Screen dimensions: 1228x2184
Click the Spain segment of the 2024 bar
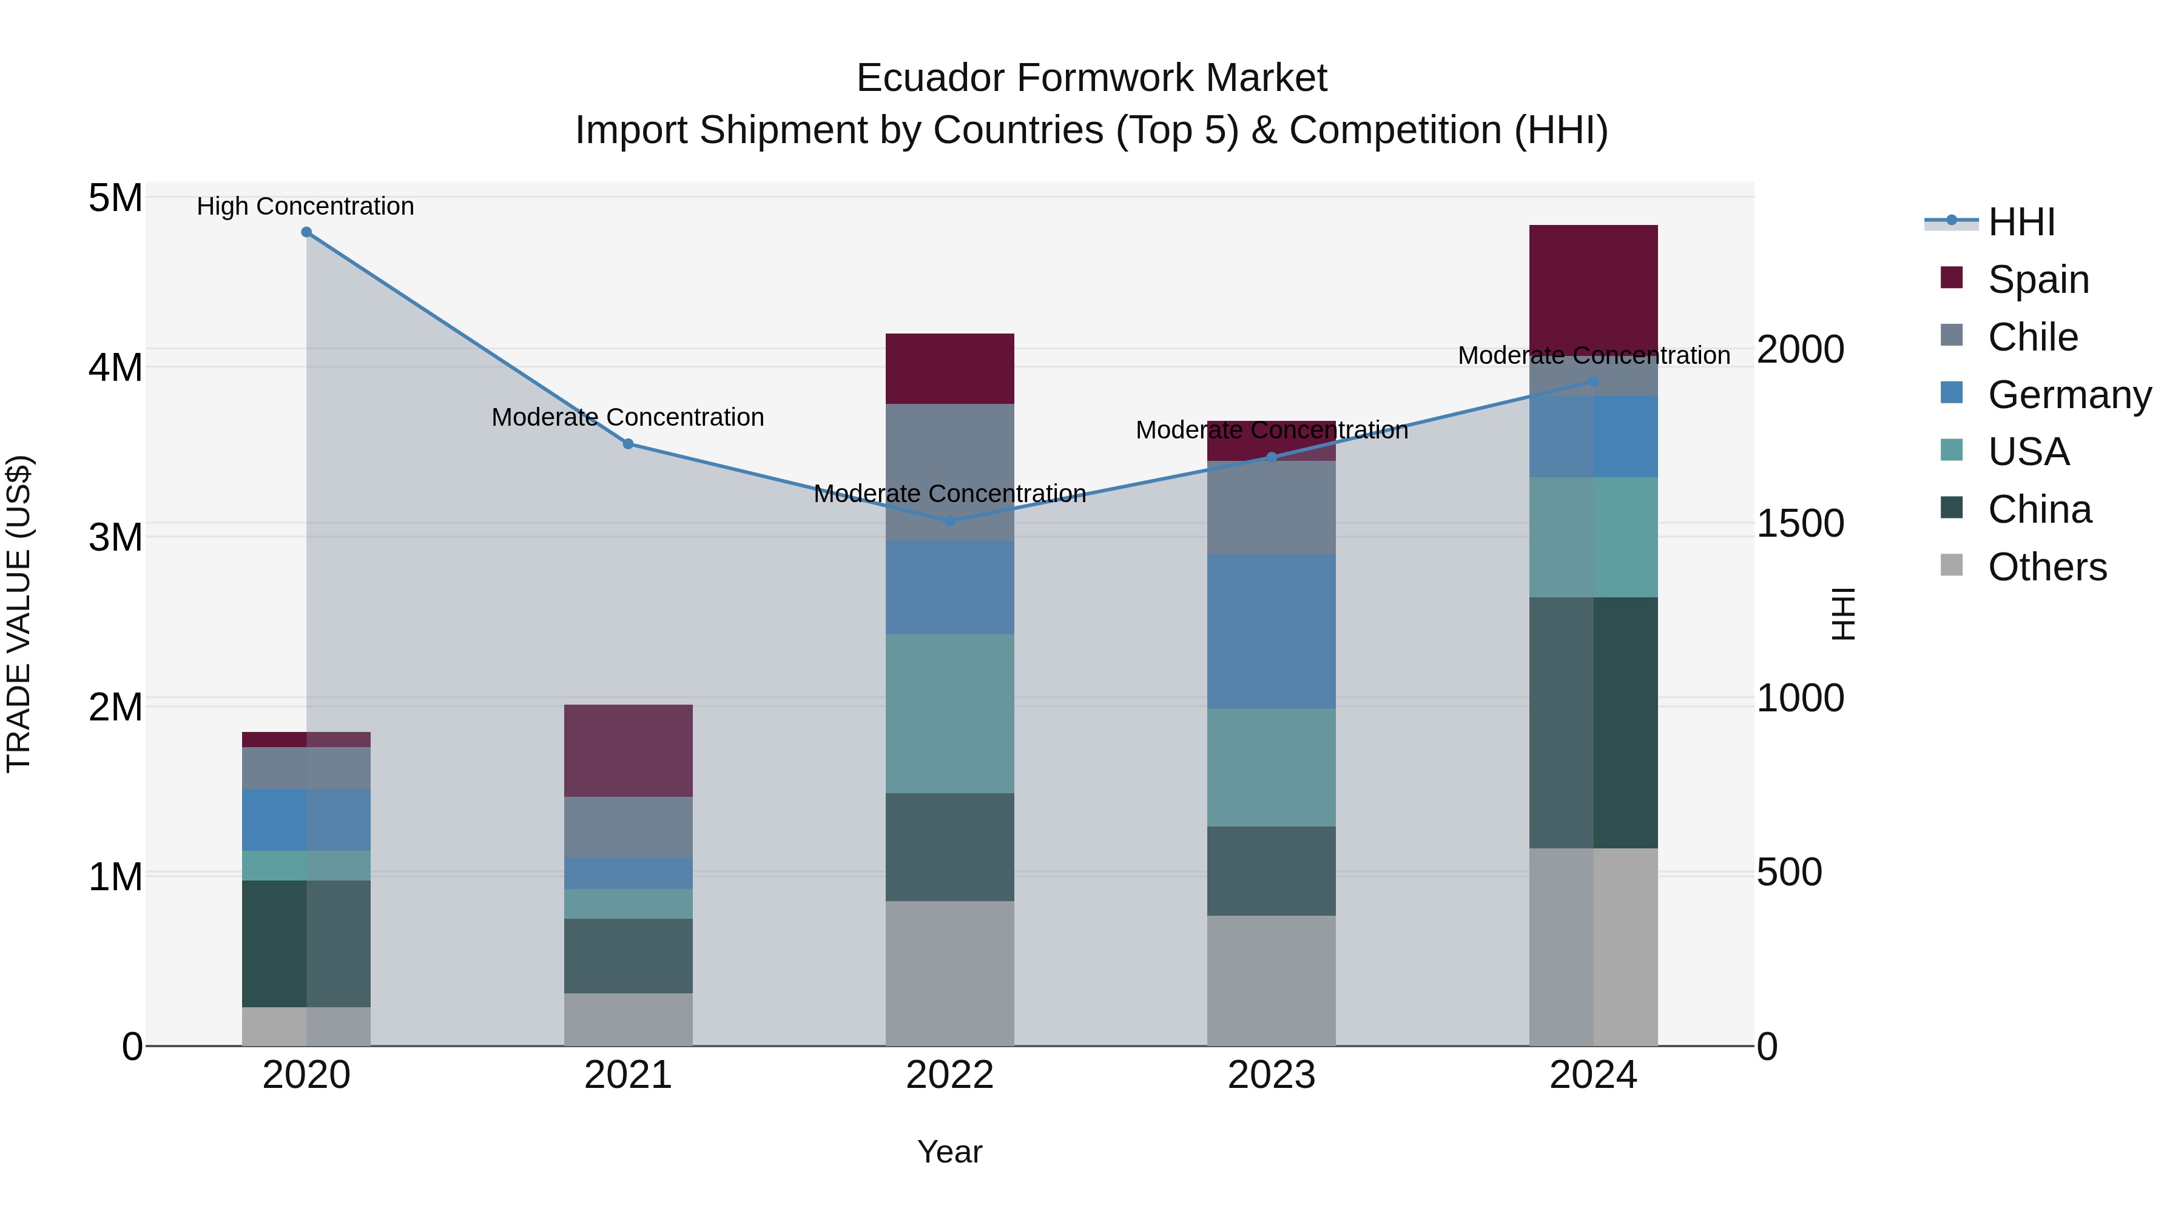coord(1592,284)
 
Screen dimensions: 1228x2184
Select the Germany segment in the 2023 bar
coord(1271,631)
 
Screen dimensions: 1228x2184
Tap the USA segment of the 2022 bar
coord(949,714)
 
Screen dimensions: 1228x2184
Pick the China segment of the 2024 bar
coord(1592,722)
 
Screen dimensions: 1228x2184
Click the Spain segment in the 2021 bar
coord(629,750)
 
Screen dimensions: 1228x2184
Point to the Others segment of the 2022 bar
coord(949,973)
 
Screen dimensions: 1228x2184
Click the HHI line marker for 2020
coord(307,232)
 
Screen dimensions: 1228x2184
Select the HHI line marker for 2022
coord(949,521)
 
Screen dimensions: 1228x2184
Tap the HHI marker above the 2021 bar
coord(629,444)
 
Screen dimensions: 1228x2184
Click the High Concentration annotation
coord(305,207)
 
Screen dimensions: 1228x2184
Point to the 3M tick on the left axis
coord(115,537)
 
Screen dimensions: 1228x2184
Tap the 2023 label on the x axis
coord(1271,1075)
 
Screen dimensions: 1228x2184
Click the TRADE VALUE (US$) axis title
coord(19,614)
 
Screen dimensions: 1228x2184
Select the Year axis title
coord(949,1152)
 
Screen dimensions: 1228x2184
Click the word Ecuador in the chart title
coord(929,78)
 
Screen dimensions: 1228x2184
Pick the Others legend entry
coord(2047,567)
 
